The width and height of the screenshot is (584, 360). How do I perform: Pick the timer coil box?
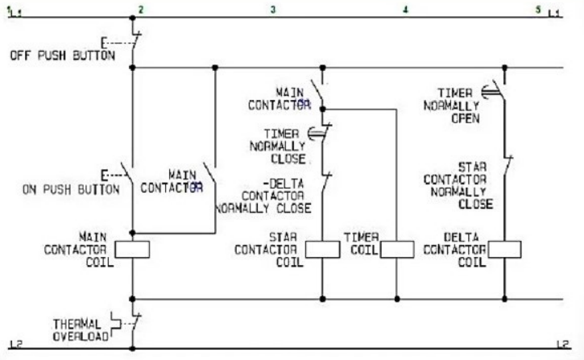396,249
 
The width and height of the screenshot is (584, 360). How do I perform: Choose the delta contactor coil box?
504,249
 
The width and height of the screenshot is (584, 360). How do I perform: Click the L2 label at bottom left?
14,345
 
